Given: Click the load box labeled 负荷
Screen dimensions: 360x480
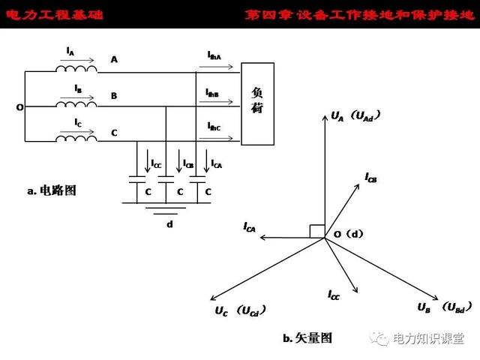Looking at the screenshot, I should pos(256,102).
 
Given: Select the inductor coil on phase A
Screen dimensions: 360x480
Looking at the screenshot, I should pos(76,68).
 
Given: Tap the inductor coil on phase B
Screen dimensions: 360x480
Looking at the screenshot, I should pos(76,103).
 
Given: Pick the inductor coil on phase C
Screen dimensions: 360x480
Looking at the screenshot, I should pos(76,138).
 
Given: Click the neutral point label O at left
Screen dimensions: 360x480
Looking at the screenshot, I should pos(19,107).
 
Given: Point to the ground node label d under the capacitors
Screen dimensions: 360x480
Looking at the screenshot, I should pos(169,223).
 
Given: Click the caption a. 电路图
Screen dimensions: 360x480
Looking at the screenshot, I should pos(52,191).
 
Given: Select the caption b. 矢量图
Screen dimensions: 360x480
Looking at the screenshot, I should pos(307,338).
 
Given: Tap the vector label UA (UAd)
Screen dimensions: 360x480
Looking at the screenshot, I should pos(356,116).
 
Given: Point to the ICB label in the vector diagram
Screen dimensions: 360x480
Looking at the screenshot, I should pos(370,178).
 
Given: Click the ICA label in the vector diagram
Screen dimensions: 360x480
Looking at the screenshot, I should pos(250,226).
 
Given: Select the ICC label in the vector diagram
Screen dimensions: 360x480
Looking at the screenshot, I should pos(334,296).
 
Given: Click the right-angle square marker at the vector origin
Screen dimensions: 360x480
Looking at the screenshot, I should pos(317,232).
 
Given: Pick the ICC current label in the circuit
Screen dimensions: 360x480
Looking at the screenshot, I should pos(155,163).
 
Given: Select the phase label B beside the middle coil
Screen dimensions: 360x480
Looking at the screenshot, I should pos(113,96).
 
